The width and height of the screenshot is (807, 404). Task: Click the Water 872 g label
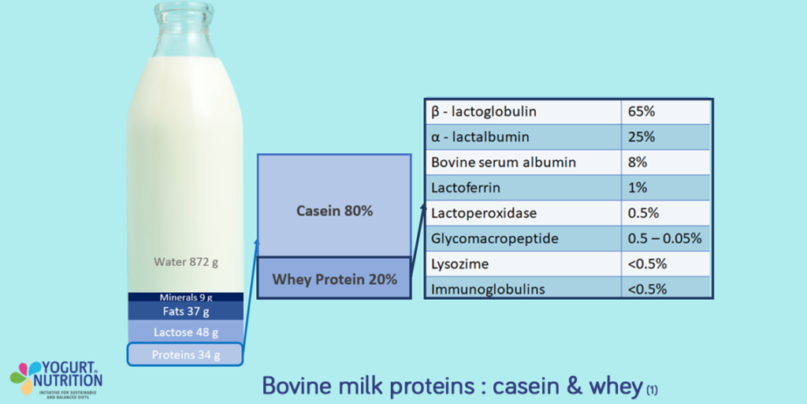tap(186, 260)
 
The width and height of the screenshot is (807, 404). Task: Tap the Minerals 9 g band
tap(186, 297)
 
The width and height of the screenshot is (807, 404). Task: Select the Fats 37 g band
tap(186, 312)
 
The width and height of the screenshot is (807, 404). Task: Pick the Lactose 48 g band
tap(186, 332)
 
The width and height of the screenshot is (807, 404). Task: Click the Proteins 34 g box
tap(186, 355)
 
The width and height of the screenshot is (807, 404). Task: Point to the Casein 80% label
tap(334, 211)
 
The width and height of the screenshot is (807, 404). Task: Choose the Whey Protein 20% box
tap(334, 279)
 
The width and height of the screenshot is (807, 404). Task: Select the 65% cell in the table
tap(642, 111)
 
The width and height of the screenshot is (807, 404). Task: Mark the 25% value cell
tap(642, 137)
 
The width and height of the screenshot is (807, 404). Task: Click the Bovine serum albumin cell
tap(504, 163)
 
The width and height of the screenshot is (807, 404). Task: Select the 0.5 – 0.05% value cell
tap(664, 238)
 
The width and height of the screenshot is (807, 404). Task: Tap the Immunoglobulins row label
tap(488, 289)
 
